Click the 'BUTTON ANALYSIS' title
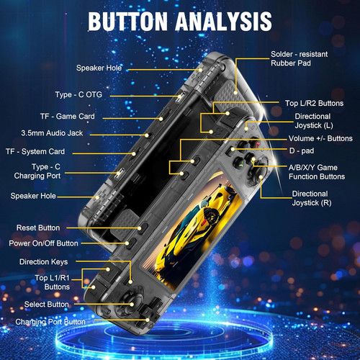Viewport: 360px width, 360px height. [x=180, y=21]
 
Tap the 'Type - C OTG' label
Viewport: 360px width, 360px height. [x=78, y=94]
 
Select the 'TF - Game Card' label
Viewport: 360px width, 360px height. [x=68, y=117]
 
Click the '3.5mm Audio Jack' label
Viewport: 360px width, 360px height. [x=52, y=133]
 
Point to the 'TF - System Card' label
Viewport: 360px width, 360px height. [x=35, y=151]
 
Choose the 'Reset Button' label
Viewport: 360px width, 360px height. [x=38, y=228]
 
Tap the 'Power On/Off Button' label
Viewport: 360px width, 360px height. [x=43, y=243]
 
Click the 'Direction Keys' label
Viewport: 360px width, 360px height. [x=44, y=261]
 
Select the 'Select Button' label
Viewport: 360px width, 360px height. [x=47, y=305]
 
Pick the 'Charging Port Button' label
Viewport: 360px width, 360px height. [x=50, y=322]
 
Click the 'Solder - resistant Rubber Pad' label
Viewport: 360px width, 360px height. [x=300, y=58]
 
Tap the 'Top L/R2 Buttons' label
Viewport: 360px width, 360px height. [x=314, y=103]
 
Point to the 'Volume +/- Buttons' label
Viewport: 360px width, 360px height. [x=320, y=138]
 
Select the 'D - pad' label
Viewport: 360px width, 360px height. [x=302, y=150]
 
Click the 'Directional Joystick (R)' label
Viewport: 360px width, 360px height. [x=312, y=198]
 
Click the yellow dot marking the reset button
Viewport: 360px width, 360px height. [x=140, y=228]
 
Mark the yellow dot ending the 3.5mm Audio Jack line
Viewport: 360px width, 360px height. [x=147, y=135]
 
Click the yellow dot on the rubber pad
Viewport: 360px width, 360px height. [x=235, y=92]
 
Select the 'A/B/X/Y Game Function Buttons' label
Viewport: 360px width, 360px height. [x=317, y=172]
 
